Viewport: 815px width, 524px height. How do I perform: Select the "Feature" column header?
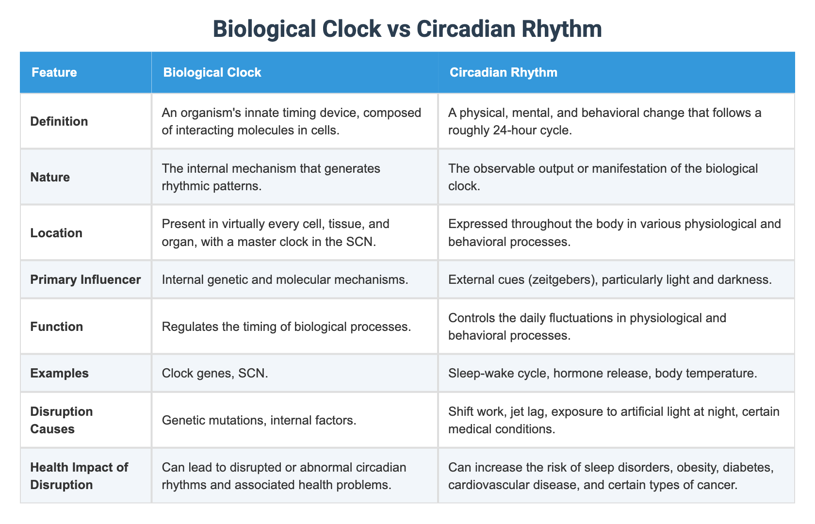pyautogui.click(x=54, y=73)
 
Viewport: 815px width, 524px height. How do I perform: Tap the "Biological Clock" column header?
pyautogui.click(x=212, y=73)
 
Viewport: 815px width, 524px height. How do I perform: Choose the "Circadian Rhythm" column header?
pyautogui.click(x=503, y=73)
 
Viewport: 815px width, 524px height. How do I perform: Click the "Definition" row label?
pyautogui.click(x=59, y=121)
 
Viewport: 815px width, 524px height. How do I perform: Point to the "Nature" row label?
pyautogui.click(x=50, y=177)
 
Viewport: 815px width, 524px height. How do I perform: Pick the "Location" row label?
pyautogui.click(x=56, y=233)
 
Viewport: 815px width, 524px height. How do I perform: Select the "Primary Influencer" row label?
pyautogui.click(x=85, y=280)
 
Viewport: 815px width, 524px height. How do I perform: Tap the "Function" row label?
pyautogui.click(x=57, y=327)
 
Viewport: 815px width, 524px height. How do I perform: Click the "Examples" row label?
pyautogui.click(x=59, y=373)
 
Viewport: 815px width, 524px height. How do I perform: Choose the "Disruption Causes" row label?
pyautogui.click(x=61, y=420)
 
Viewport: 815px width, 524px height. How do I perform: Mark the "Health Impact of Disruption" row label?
pyautogui.click(x=79, y=475)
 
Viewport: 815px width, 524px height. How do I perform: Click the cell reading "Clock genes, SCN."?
pyautogui.click(x=215, y=373)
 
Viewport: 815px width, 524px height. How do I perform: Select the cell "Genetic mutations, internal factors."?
pyautogui.click(x=260, y=420)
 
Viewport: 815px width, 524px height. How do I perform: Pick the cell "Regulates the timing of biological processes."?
pyautogui.click(x=287, y=327)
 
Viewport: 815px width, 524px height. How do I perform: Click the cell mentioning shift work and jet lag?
pyautogui.click(x=614, y=420)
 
